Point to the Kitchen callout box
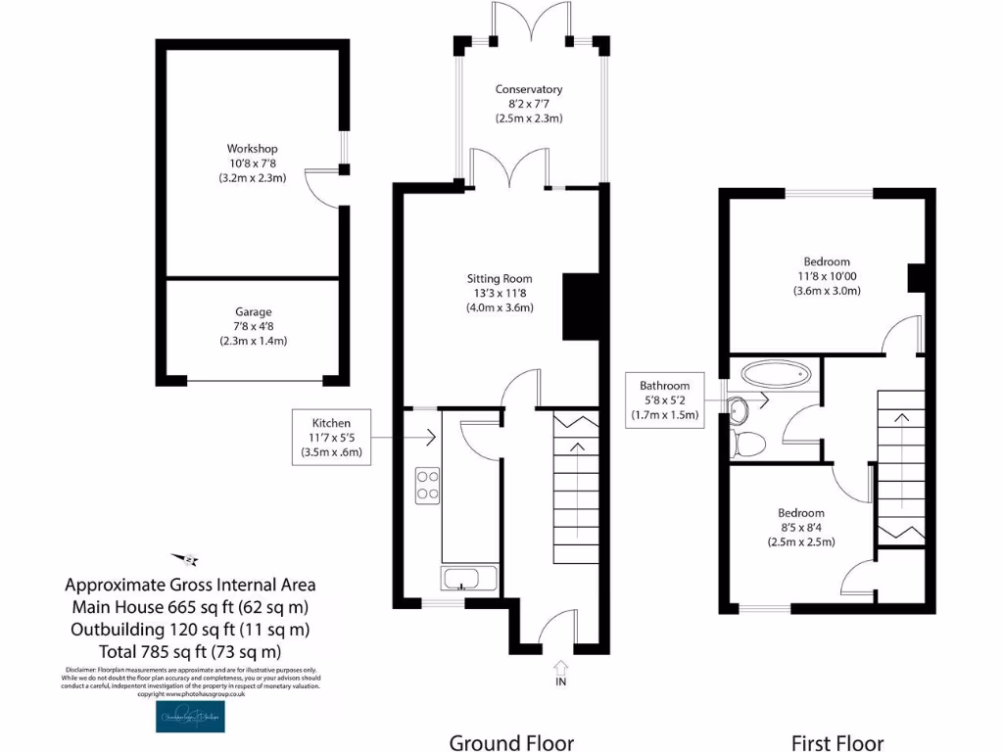(x=331, y=437)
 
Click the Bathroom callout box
(x=664, y=399)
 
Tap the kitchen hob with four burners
(x=428, y=485)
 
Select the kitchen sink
(x=468, y=578)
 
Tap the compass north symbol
(x=185, y=559)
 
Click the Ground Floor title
(x=511, y=742)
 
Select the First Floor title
(x=837, y=742)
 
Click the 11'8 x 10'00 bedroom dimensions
(x=827, y=276)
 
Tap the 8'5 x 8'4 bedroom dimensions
(x=800, y=528)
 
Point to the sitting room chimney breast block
(x=580, y=306)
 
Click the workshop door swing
(x=320, y=188)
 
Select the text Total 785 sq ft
(x=190, y=651)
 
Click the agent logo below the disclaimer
(x=189, y=717)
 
